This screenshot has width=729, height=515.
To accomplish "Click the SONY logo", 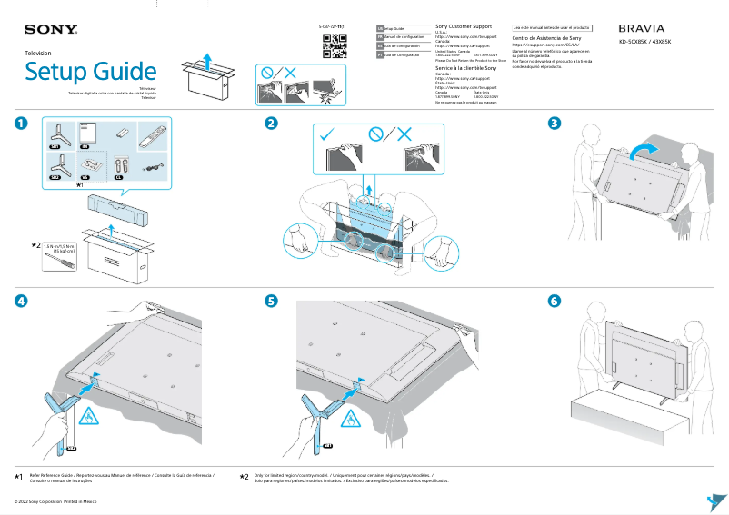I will [44, 29].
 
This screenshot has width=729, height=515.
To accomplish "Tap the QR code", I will [335, 45].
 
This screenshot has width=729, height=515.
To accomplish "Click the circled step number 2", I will [271, 124].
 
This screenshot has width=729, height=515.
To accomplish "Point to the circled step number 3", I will [554, 124].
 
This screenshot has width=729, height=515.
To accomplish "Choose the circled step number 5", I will [271, 301].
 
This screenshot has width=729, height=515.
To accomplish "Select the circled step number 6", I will [554, 301].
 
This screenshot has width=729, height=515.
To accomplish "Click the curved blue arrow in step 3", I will [643, 148].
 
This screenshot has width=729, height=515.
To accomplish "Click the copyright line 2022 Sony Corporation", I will [55, 500].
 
